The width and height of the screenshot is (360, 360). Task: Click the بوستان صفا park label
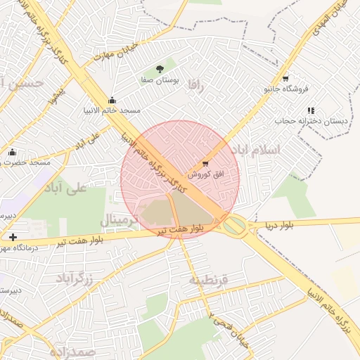coord(160,81)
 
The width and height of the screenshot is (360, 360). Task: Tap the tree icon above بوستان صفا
coord(160,69)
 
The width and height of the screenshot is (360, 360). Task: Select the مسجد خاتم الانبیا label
coord(112,110)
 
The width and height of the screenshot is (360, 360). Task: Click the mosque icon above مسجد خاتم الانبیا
coord(112,100)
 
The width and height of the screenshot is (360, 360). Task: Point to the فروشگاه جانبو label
coord(286,89)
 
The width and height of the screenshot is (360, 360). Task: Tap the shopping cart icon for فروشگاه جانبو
coord(285,78)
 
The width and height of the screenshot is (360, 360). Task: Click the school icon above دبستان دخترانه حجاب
coord(311,110)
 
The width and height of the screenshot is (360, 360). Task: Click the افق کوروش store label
coord(205,173)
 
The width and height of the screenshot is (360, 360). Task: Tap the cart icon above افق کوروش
coord(205,163)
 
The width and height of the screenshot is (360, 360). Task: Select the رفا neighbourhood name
coord(195,86)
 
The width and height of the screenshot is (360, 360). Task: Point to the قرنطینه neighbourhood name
coord(208,280)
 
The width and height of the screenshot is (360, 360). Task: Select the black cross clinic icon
coord(13,237)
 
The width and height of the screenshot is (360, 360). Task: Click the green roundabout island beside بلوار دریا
coord(234,225)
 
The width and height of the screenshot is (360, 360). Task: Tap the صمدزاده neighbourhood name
coord(72,350)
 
